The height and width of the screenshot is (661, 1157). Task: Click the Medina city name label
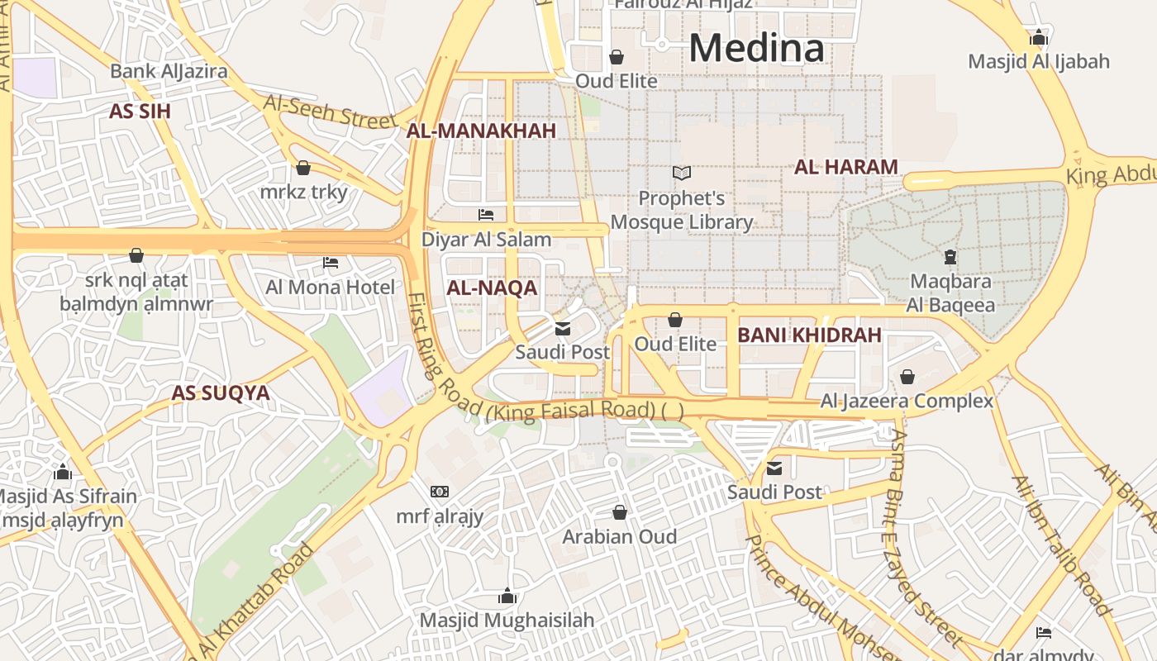click(756, 48)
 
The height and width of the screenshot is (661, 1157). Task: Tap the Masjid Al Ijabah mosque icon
click(1039, 37)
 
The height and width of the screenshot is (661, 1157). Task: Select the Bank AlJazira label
click(169, 71)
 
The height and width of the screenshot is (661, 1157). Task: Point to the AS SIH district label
click(140, 112)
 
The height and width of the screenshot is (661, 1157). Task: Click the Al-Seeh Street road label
click(331, 111)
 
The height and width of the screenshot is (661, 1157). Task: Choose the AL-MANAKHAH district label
click(481, 131)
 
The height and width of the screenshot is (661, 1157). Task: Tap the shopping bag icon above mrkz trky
click(303, 168)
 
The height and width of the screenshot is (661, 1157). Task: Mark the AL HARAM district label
click(845, 167)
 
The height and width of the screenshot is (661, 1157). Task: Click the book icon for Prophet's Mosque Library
click(682, 174)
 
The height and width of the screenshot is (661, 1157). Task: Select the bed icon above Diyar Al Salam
click(486, 215)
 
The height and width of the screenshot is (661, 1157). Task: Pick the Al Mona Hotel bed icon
click(331, 263)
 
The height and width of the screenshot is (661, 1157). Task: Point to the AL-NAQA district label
click(492, 288)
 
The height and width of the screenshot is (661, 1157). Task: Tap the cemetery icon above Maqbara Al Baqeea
click(950, 257)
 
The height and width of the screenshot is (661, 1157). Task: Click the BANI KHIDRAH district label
click(809, 335)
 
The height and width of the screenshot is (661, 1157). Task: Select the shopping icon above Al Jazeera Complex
click(907, 377)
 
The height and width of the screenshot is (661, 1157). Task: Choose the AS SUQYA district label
click(221, 393)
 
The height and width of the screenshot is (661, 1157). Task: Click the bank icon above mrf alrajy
click(440, 492)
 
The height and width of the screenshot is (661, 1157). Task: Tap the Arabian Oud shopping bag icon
click(620, 512)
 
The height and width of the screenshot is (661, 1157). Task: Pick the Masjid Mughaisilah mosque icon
click(507, 596)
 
